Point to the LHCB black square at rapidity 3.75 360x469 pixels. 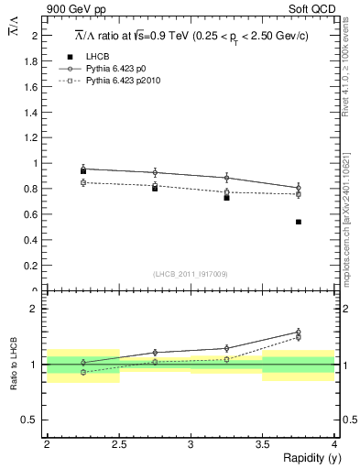[299, 222]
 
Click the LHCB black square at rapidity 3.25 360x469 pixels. [226, 197]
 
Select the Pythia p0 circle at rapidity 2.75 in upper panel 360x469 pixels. [155, 172]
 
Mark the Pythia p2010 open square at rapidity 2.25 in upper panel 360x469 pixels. [82, 182]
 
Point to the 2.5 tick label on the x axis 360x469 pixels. [118, 444]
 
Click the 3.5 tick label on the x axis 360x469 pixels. [262, 444]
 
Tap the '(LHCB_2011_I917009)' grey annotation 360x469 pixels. [190, 274]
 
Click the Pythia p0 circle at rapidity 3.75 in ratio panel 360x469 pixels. [299, 333]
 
